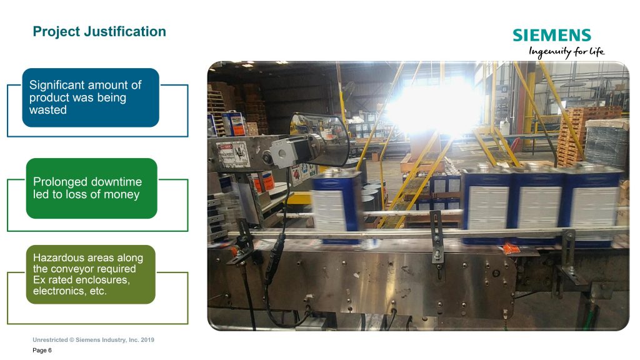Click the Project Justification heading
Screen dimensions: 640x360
tap(99, 31)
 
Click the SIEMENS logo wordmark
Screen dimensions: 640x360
tap(552, 35)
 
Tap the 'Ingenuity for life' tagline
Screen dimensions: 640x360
tap(566, 52)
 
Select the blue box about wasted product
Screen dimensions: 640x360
tap(91, 97)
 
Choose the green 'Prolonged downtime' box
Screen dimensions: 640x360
tap(91, 189)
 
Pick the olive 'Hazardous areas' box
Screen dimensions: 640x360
tap(91, 274)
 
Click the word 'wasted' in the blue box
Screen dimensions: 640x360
tap(47, 110)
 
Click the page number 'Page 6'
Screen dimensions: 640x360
tap(42, 350)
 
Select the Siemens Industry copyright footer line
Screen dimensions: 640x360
tap(94, 339)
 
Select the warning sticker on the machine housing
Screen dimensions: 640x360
tap(233, 154)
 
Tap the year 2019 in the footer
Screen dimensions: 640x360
tap(147, 339)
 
